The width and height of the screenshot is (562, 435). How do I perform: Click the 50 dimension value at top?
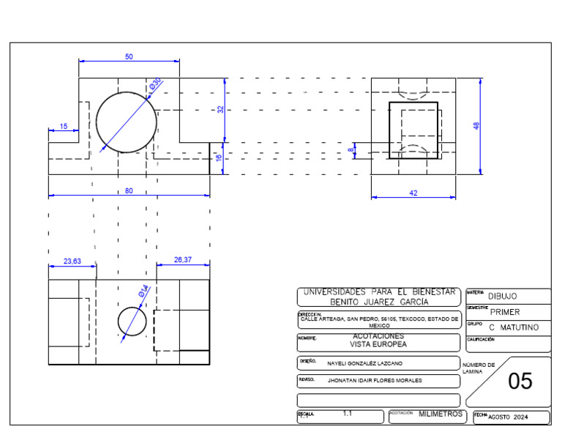coord(129,56)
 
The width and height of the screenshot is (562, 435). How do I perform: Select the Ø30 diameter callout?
coord(154,85)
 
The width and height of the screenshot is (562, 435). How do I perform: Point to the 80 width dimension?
coord(129,191)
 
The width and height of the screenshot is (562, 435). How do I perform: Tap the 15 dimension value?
coord(64,127)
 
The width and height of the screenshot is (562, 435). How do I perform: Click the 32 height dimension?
coord(220,109)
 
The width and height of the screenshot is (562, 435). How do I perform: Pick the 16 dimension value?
coord(219,157)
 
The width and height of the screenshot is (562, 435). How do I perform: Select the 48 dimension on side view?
coord(476,126)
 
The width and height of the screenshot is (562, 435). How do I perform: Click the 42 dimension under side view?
coord(413,193)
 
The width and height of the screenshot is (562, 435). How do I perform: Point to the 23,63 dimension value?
coord(72,261)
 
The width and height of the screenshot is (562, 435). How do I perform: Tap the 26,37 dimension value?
coord(183,260)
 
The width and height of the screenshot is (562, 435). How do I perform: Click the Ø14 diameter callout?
coord(143,291)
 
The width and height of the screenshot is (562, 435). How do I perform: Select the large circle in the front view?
coord(127,122)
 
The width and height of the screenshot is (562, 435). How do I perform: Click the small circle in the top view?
coord(132,321)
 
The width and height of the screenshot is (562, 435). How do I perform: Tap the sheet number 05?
coord(520,382)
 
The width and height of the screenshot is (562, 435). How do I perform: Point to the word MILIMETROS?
coord(441,414)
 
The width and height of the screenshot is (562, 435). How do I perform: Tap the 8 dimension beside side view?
coord(351,149)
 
